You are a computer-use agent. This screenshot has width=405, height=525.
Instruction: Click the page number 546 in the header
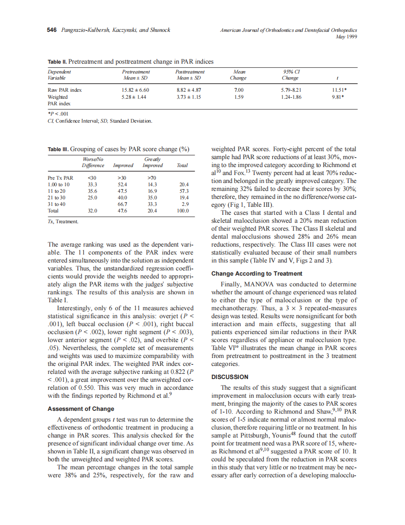[51, 30]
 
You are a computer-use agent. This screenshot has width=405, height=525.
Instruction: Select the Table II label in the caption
[57, 61]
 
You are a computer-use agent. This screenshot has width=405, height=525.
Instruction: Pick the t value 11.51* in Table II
[340, 89]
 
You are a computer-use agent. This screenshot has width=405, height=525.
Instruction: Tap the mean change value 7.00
[239, 89]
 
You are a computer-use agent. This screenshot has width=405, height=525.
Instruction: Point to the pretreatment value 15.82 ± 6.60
[135, 89]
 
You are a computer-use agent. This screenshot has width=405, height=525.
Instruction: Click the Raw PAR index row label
[65, 89]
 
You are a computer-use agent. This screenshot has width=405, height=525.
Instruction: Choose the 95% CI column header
[291, 72]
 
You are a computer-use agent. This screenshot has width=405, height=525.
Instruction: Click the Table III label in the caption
[58, 149]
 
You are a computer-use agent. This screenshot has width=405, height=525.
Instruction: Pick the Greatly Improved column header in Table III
[152, 162]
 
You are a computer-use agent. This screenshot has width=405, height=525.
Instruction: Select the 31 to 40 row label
[57, 204]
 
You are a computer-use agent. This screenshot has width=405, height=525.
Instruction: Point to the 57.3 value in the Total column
[184, 191]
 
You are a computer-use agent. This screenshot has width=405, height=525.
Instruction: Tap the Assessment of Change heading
[81, 408]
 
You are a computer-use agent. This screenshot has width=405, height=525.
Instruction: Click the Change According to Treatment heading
[257, 273]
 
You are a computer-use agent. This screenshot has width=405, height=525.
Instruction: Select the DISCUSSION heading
[230, 377]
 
